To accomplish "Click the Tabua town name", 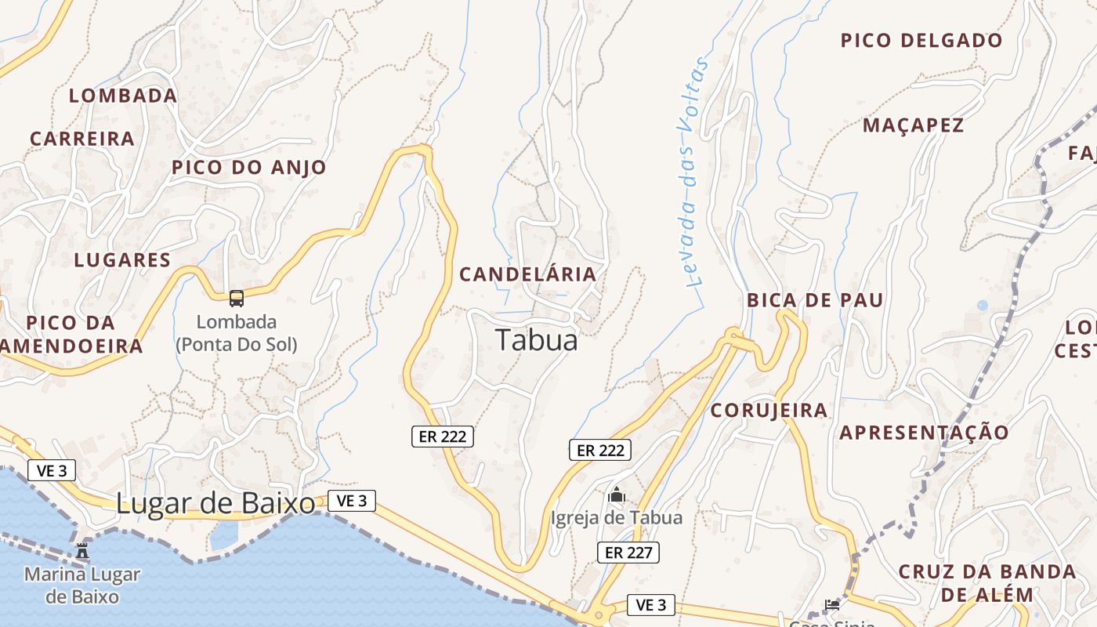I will pyautogui.click(x=537, y=340).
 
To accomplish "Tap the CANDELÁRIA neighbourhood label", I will pyautogui.click(x=527, y=274).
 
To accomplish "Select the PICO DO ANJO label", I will pyautogui.click(x=248, y=167).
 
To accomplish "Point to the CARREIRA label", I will pyautogui.click(x=82, y=139).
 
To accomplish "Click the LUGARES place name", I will pyautogui.click(x=122, y=260).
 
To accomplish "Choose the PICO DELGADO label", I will pyautogui.click(x=921, y=41).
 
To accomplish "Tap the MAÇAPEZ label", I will pyautogui.click(x=913, y=125).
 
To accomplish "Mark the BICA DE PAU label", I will pyautogui.click(x=815, y=300).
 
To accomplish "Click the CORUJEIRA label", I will pyautogui.click(x=769, y=411).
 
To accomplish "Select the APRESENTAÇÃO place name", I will pyautogui.click(x=925, y=433).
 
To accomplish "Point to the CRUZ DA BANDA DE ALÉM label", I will pyautogui.click(x=987, y=582).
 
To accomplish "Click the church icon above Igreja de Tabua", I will pyautogui.click(x=617, y=495).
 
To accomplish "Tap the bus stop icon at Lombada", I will pyautogui.click(x=237, y=298).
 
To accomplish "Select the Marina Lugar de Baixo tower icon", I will pyautogui.click(x=82, y=550).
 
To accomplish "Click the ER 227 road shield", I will pyautogui.click(x=628, y=553).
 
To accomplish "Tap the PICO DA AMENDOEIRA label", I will pyautogui.click(x=71, y=334).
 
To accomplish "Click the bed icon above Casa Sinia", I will pyautogui.click(x=831, y=604).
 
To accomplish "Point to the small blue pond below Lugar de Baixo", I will pyautogui.click(x=224, y=535).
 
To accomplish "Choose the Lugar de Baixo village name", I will pyautogui.click(x=215, y=504).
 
